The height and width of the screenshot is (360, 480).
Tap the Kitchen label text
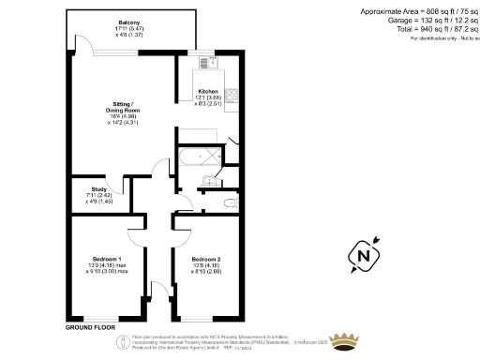[208, 91]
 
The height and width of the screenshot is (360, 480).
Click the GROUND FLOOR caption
[91, 329]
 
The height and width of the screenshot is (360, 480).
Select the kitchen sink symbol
[207, 66]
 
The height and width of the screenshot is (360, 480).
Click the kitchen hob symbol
[233, 96]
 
